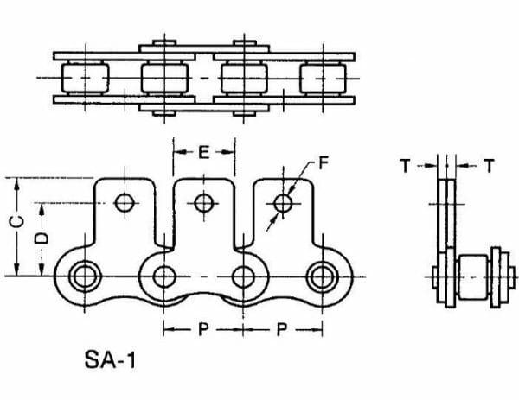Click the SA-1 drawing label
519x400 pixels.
[110, 359]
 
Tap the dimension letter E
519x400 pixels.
[204, 152]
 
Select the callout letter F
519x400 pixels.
[323, 162]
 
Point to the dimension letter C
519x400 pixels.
[16, 223]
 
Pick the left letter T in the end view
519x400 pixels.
[406, 166]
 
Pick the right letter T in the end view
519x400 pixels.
[489, 166]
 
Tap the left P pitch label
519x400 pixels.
[203, 329]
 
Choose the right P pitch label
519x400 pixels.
[282, 329]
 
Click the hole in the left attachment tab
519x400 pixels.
[125, 203]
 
